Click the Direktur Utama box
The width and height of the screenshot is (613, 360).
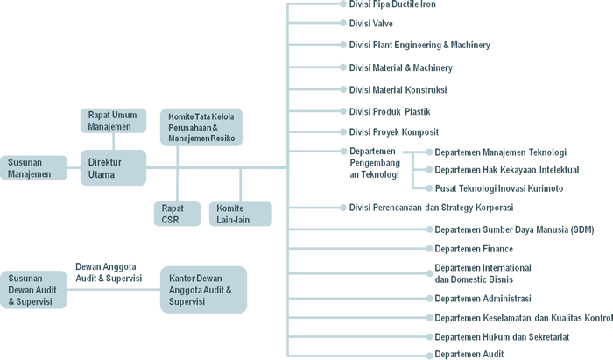(x=114, y=167)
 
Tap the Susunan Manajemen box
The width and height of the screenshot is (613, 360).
(x=32, y=167)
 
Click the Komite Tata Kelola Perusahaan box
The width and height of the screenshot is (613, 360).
(x=201, y=127)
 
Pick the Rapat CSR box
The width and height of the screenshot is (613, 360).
(x=175, y=214)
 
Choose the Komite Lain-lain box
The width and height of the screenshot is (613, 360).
(x=240, y=214)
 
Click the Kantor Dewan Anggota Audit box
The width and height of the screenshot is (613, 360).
(x=202, y=289)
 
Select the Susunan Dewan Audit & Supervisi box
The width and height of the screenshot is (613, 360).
(x=32, y=289)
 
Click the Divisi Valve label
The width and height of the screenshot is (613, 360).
(x=372, y=24)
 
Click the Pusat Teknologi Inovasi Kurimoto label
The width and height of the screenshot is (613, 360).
(x=498, y=188)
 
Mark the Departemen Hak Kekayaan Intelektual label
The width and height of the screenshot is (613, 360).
(x=506, y=169)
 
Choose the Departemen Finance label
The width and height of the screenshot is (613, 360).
(x=474, y=249)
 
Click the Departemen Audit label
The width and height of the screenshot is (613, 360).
(x=469, y=355)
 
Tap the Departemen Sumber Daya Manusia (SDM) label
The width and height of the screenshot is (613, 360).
(x=514, y=229)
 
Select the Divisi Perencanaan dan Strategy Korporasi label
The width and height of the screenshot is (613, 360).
(x=431, y=208)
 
